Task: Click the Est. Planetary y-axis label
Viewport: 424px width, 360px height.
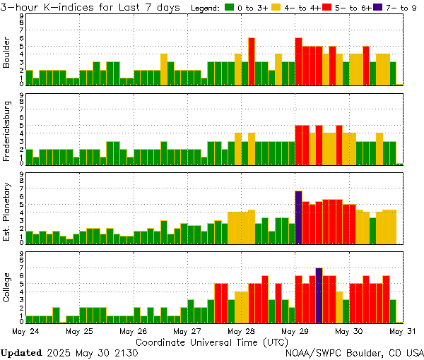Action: click(7, 211)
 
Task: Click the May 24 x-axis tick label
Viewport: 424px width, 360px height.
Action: click(25, 330)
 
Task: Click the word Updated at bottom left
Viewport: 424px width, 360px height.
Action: click(21, 352)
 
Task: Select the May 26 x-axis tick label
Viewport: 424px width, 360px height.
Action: click(133, 330)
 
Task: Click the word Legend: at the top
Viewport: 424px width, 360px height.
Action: click(206, 8)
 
